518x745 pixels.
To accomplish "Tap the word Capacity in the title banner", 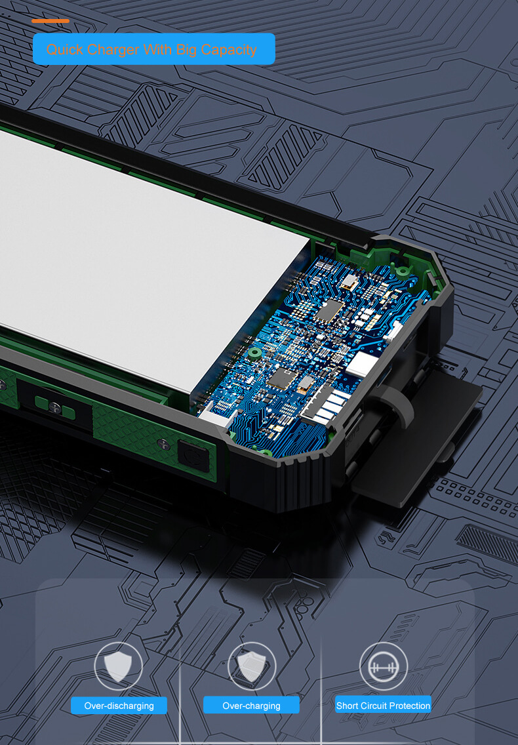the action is (229, 50).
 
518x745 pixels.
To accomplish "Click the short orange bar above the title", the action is (50, 21).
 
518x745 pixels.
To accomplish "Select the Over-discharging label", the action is (119, 706).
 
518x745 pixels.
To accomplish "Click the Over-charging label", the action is (251, 706).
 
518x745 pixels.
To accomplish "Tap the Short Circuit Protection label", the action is (383, 706).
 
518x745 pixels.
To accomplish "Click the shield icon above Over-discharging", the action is (118, 666).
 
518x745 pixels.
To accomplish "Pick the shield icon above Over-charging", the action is (251, 666).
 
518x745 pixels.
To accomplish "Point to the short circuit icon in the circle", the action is (384, 666).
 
